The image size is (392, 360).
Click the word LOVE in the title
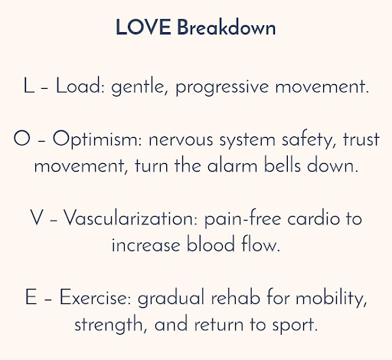coord(143,27)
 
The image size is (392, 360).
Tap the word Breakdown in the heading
coord(227,27)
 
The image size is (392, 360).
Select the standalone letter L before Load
coord(28,86)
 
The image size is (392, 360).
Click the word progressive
coord(222,87)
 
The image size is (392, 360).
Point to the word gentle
coord(139,87)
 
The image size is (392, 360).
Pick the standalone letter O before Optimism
coord(21,138)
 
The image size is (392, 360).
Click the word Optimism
coord(97,139)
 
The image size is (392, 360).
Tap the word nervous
coord(181,140)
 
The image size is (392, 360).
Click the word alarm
coord(232,165)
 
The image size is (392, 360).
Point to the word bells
coord(282,165)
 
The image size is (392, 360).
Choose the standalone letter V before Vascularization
coord(36,218)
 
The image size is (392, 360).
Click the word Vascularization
coord(130,218)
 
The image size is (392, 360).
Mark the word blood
coord(211,244)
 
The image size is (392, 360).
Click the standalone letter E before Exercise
coord(31,297)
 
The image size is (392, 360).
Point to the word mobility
coord(331,298)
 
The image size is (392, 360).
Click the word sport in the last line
coord(295,325)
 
